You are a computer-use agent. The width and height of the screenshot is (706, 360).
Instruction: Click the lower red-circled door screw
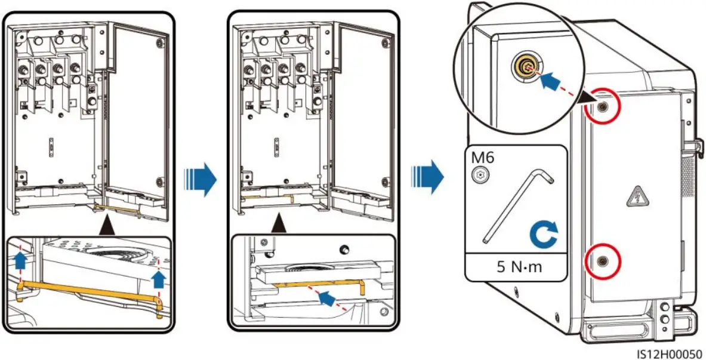[604, 260]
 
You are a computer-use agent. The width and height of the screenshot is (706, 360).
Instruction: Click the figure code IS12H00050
[668, 353]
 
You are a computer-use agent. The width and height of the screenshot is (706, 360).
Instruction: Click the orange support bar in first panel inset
[90, 294]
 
